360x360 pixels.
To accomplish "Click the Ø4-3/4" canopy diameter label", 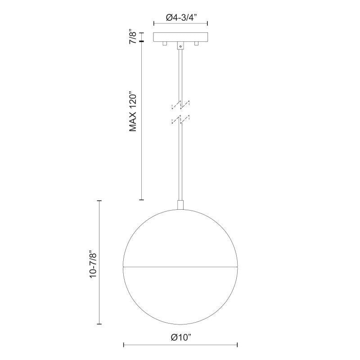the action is click(x=180, y=18).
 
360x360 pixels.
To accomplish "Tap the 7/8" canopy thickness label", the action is click(x=133, y=36).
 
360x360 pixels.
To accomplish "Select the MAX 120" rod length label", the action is click(x=133, y=112).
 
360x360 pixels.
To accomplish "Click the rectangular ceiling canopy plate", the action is click(x=180, y=37).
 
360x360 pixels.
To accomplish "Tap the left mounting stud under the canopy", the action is click(x=165, y=44).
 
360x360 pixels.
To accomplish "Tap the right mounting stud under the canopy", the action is click(x=196, y=44).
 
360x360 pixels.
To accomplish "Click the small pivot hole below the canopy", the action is click(x=180, y=47).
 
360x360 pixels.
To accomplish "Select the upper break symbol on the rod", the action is click(x=181, y=104).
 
